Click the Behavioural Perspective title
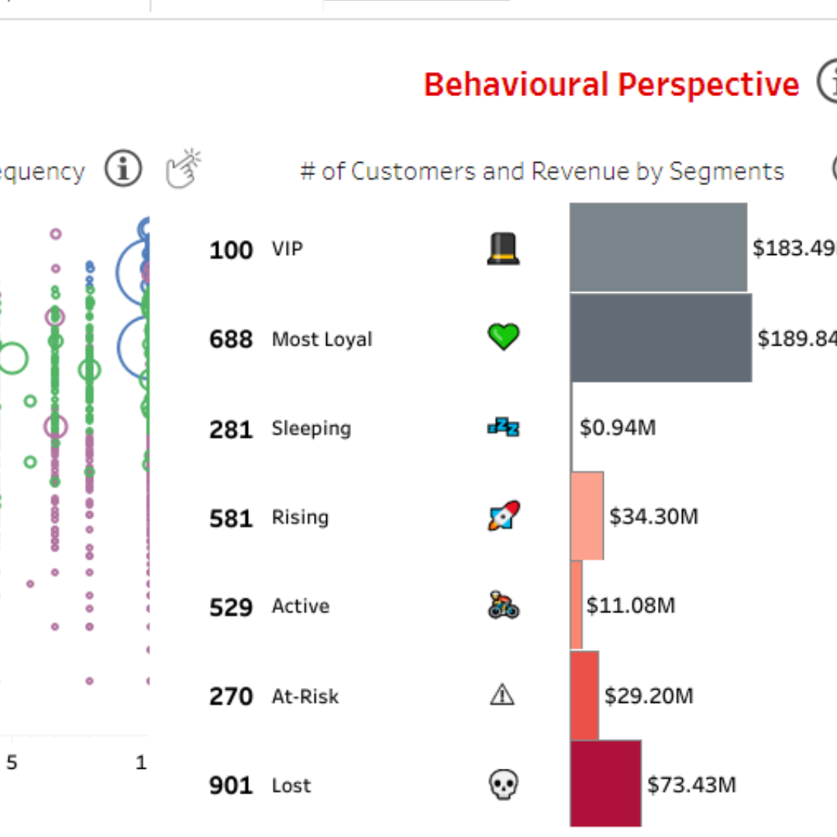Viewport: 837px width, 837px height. (611, 84)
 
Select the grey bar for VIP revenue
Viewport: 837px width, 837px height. (658, 247)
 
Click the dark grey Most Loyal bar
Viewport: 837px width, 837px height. (660, 338)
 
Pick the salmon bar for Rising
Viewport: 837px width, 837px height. (587, 515)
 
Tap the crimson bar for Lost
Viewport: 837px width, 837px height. (605, 783)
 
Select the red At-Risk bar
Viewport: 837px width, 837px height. (584, 695)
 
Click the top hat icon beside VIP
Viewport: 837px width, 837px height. (503, 249)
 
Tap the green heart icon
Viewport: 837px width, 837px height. (503, 337)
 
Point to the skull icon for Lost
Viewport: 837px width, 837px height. (503, 784)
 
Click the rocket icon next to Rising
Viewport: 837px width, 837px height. (503, 515)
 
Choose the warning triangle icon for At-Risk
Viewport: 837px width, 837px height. (502, 695)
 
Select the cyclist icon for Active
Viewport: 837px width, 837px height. (503, 605)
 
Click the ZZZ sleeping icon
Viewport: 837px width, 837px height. (503, 426)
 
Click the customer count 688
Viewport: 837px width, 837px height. (231, 339)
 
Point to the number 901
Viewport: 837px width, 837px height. (231, 786)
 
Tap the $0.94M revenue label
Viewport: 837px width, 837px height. (618, 427)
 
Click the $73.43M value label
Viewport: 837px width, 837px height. (691, 784)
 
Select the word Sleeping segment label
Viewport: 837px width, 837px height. (311, 429)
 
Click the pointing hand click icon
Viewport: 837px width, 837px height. (184, 168)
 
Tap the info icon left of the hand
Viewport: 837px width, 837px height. (123, 169)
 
